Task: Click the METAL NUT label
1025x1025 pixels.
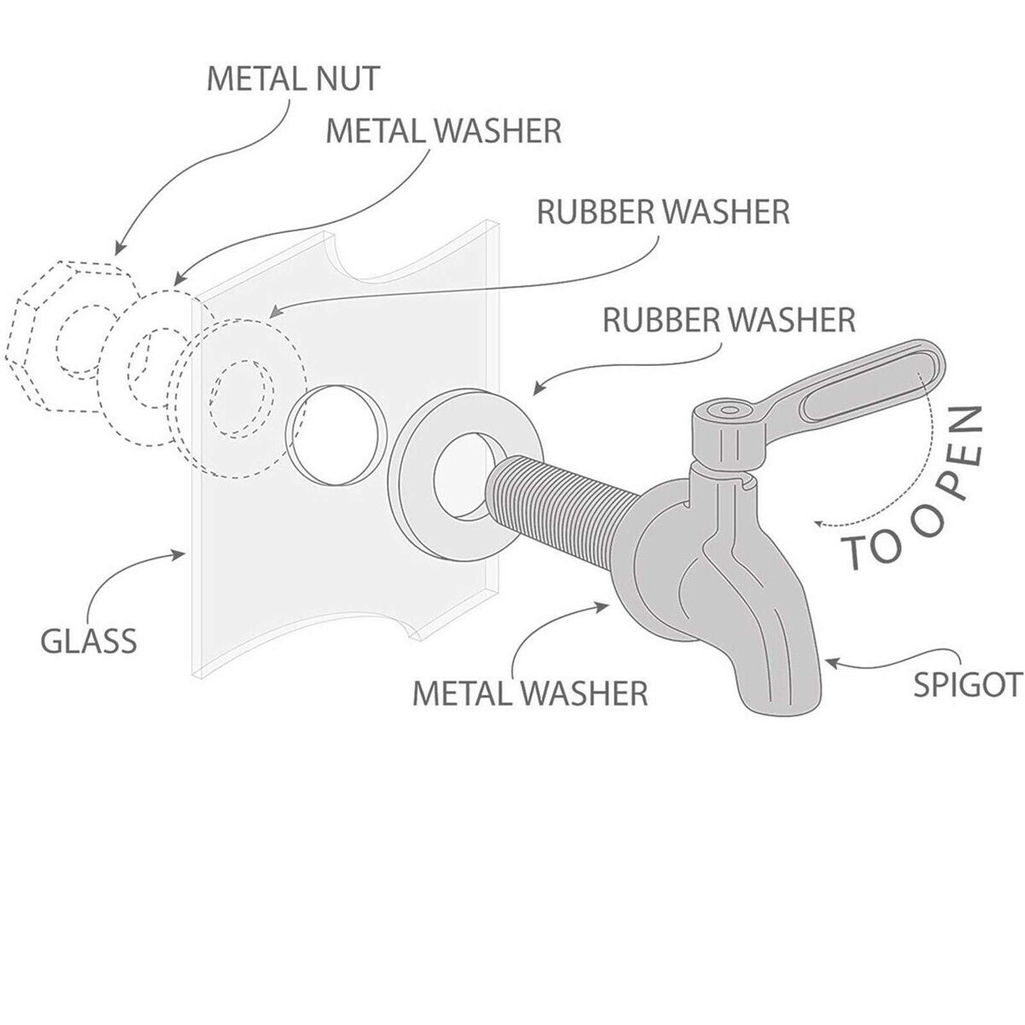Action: coord(293,79)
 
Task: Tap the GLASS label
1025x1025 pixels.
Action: coord(88,641)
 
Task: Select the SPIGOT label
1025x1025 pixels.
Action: coord(967,684)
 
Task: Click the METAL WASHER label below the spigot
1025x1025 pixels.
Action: coord(529,694)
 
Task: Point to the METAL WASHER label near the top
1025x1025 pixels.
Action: coord(443,131)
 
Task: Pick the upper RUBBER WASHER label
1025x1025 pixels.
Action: coord(663,212)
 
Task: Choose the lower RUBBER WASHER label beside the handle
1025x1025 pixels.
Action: coord(729,320)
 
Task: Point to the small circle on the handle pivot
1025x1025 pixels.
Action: coord(728,410)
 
